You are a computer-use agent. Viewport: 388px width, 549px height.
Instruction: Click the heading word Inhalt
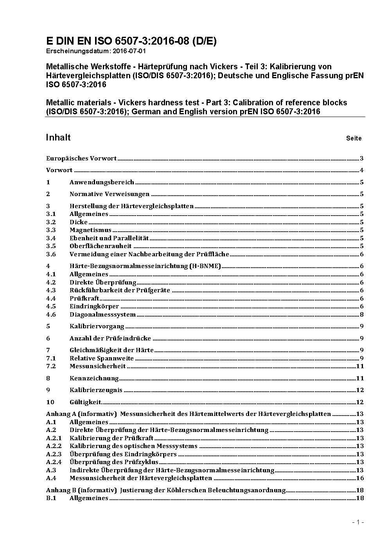coord(58,137)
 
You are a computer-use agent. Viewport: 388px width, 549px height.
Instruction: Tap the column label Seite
coord(354,138)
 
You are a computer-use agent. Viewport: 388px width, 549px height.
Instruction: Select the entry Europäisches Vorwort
coord(81,158)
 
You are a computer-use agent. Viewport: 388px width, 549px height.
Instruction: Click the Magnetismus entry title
coord(90,230)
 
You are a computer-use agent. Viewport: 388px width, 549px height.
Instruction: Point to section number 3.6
coord(51,254)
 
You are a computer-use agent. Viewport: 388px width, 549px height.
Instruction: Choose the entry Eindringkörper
coord(94,306)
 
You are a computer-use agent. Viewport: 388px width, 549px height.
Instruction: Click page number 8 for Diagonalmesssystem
coord(362,315)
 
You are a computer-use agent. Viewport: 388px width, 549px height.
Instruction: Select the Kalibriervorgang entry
coord(97,326)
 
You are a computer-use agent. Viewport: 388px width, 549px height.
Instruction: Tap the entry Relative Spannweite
coord(102,358)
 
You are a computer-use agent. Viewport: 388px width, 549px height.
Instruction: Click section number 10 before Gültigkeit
coord(50,402)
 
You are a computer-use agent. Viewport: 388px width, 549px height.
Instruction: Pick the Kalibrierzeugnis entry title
coord(96,390)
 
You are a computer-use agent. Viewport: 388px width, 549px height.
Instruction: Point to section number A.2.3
coord(54,454)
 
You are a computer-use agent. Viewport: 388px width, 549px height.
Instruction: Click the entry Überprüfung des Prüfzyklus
coord(114,462)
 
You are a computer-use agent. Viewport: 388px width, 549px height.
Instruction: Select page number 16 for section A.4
coord(360,478)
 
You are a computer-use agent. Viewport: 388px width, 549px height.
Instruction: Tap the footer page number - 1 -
coord(358,522)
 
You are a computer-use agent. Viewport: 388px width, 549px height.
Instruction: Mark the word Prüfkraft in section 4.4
coord(84,299)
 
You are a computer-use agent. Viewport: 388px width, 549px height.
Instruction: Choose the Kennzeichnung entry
coord(94,378)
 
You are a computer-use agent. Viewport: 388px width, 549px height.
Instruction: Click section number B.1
coord(51,498)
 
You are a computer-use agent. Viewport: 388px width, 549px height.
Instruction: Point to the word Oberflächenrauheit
coord(101,246)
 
